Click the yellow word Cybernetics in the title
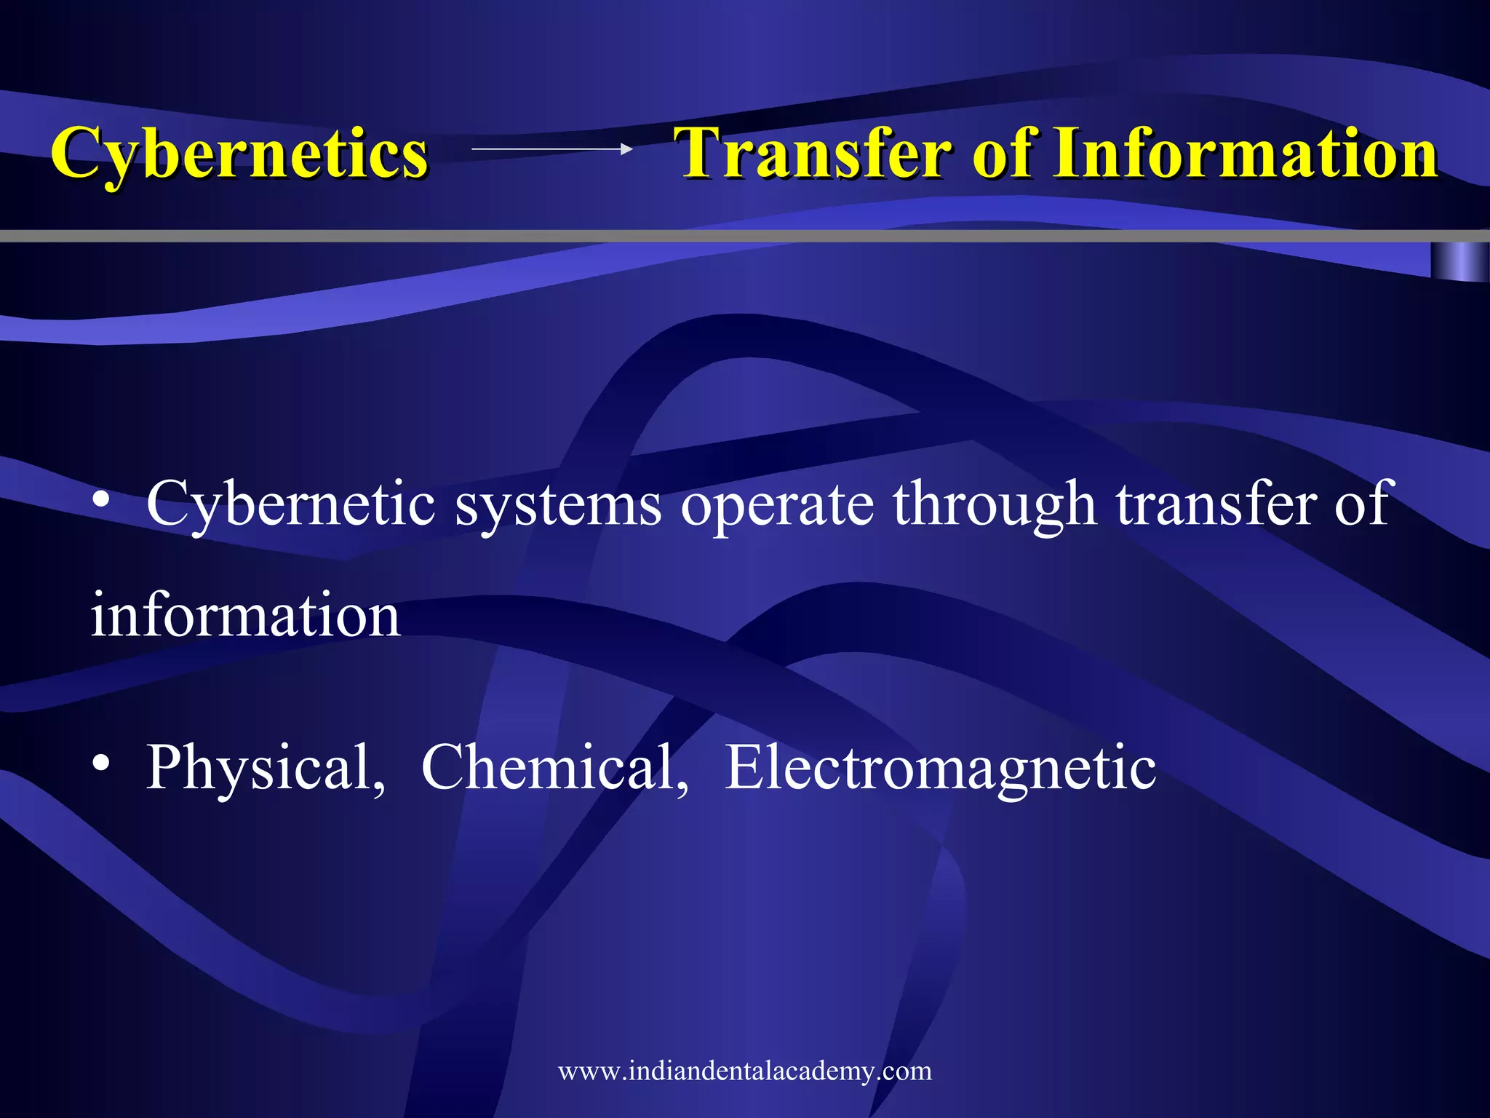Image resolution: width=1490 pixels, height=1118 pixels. click(240, 153)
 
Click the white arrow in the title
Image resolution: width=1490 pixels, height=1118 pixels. click(551, 149)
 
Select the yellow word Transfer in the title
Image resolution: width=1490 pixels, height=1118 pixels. click(813, 153)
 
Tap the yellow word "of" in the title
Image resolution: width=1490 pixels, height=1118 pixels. click(1006, 153)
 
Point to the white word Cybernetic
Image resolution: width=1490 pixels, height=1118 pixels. click(290, 504)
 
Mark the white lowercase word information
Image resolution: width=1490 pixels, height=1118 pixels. click(245, 616)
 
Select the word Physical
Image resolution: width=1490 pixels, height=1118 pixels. click(266, 768)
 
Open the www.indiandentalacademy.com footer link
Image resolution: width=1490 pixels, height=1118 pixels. click(745, 1071)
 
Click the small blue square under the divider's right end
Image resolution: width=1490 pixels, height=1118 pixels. click(1459, 261)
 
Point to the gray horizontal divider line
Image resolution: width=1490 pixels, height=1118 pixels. click(728, 236)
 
